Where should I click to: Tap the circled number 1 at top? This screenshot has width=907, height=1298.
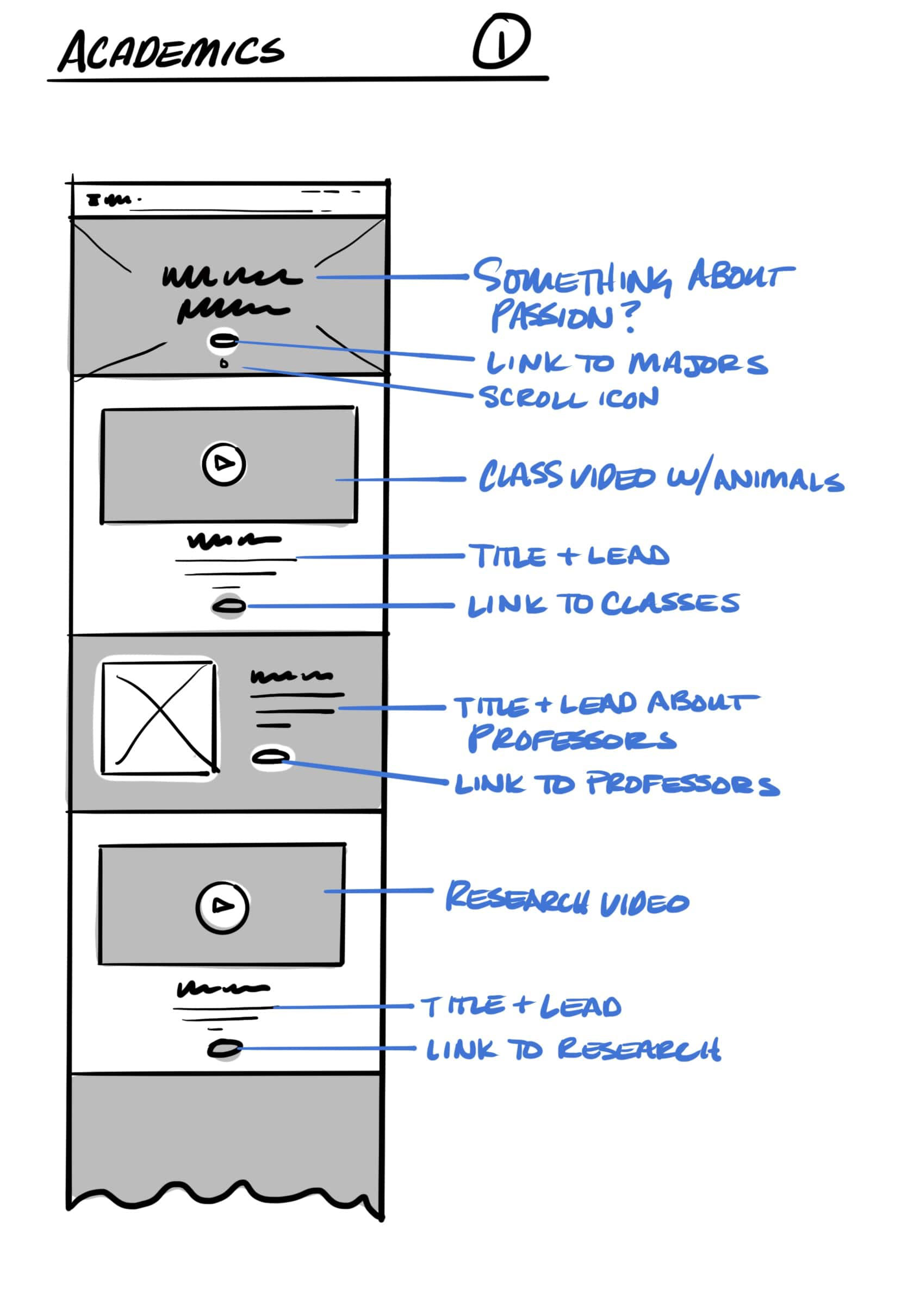500,42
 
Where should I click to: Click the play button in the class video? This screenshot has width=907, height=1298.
223,464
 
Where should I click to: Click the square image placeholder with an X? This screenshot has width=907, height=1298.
158,718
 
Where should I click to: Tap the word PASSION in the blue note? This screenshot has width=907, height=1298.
551,316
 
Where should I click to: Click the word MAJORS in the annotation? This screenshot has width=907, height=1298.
698,363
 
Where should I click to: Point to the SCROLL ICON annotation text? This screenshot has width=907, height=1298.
568,397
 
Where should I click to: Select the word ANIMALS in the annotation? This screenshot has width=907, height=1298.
778,480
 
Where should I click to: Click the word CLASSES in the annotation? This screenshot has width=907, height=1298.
669,603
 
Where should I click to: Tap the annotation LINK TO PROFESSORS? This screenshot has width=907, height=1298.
616,784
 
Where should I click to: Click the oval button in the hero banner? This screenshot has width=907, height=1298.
223,340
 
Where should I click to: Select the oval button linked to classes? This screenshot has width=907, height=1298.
228,607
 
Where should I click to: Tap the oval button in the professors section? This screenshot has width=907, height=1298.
271,757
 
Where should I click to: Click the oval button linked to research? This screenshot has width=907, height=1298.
224,1049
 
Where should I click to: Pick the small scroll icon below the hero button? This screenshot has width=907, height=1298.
224,364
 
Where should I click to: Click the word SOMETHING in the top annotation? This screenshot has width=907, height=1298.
571,278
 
